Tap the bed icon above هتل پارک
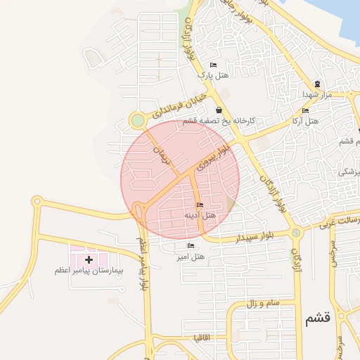pos(214,65)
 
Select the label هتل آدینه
pos(200,214)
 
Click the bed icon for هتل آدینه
pos(200,205)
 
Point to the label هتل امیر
pos(191,256)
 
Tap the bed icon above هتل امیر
pos(191,246)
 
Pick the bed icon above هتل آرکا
pos(305,111)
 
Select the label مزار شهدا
pos(312,94)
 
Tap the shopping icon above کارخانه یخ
pos(219,110)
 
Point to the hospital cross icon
pos(88,260)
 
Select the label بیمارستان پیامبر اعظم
pos(89,270)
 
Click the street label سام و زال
pos(264,304)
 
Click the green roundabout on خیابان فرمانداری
pos(138,122)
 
